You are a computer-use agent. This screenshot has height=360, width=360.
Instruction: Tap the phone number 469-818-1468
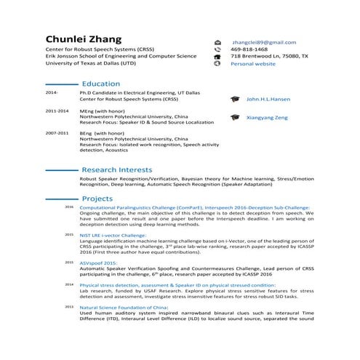(x=251, y=49)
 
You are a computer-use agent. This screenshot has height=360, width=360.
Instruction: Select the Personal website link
(x=253, y=64)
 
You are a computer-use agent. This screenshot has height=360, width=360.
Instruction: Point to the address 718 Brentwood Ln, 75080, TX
(x=269, y=56)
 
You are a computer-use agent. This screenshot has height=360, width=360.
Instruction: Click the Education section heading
(x=101, y=84)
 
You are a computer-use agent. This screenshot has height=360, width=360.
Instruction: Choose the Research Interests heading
(x=116, y=169)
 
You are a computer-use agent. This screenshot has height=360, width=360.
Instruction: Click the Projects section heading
(x=97, y=199)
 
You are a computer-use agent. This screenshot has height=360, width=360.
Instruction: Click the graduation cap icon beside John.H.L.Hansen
(x=234, y=99)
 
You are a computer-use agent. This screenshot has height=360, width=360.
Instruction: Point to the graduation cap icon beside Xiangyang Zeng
(x=234, y=117)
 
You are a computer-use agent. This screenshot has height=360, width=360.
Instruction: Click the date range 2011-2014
(x=57, y=111)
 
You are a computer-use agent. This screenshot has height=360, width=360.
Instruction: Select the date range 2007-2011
(x=57, y=134)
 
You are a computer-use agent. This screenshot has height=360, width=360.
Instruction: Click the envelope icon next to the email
(x=217, y=43)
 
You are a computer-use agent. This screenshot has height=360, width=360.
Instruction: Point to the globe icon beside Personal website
(x=217, y=64)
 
